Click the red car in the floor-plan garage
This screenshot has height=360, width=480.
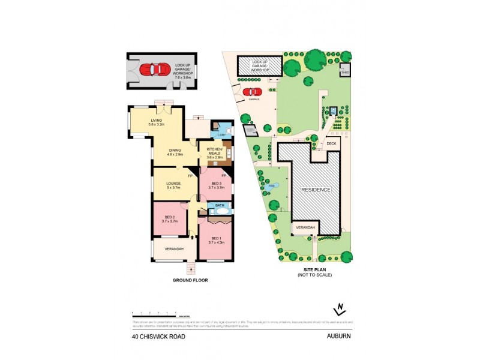pos(154,70)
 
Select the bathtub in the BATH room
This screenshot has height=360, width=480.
pos(220,211)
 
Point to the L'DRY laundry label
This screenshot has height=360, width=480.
pos(222,136)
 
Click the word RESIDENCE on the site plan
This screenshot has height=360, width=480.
pos(316,189)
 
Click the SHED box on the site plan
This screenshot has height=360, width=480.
pos(345,71)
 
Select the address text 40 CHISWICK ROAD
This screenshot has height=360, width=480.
pos(158,337)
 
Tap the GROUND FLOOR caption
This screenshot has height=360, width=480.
pos(190,280)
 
